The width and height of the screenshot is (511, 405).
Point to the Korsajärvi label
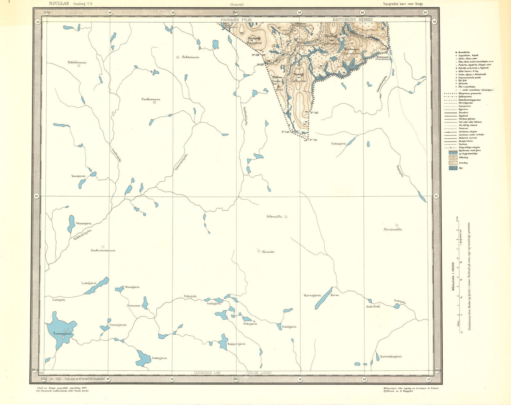tap(312, 295)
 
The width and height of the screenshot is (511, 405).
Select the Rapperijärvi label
tap(237, 344)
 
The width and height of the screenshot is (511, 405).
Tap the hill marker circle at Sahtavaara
tap(178, 57)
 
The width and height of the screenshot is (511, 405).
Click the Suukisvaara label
tap(149, 99)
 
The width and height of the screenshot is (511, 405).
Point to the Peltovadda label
tap(274, 217)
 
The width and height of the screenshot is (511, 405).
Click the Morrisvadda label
tap(393, 229)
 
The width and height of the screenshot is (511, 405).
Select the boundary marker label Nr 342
tap(314, 113)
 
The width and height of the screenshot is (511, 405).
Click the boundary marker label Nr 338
tap(255, 55)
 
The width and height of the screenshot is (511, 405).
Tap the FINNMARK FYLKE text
tap(236, 20)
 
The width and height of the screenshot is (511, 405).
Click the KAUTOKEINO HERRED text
tap(352, 20)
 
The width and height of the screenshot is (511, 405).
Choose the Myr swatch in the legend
tap(453, 168)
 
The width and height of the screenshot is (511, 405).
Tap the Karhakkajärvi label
tap(391, 357)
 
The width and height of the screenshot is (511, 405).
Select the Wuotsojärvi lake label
tap(83, 223)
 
